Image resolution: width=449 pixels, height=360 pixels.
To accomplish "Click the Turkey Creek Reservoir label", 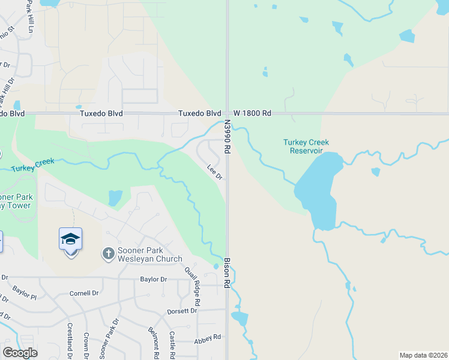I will click(x=306, y=146).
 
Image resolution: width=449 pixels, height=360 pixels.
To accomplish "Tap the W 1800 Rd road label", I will click(x=252, y=113).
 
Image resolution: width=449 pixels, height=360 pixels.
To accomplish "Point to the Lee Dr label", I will click(x=215, y=172).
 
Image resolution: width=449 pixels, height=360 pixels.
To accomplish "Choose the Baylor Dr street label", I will click(x=153, y=279).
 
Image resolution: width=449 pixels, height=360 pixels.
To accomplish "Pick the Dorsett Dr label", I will click(x=182, y=311).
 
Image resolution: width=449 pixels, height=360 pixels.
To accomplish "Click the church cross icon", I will click(x=109, y=254).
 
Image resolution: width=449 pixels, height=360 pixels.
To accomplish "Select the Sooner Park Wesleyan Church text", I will click(x=149, y=255).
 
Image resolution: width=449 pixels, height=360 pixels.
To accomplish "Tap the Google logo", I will click(x=20, y=353).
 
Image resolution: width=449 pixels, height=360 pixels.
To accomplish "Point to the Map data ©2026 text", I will click(x=423, y=355).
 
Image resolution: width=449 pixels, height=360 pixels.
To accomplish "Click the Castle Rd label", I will click(x=172, y=341).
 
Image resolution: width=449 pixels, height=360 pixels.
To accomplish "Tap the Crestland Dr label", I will click(x=70, y=340).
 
